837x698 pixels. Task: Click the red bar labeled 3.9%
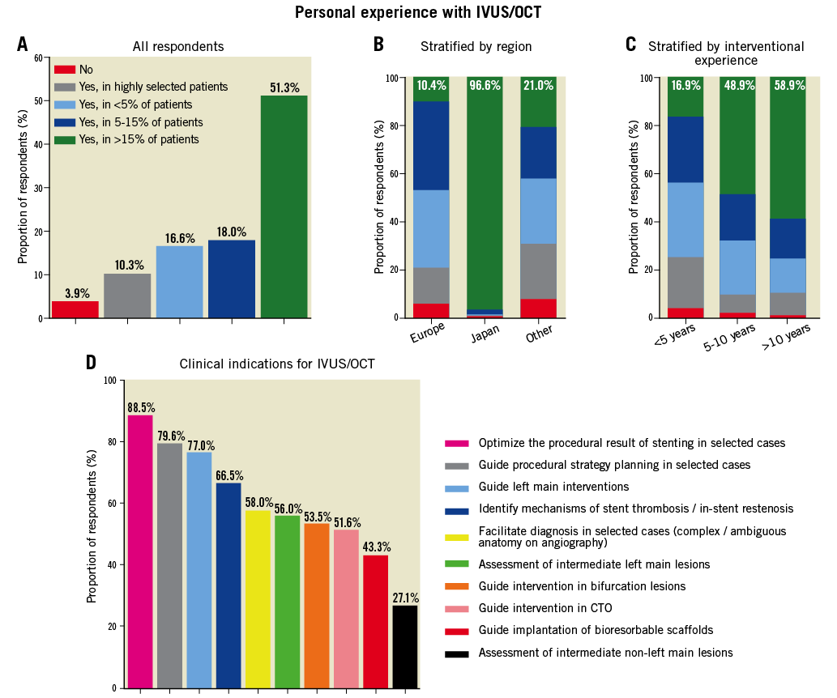pyautogui.click(x=75, y=309)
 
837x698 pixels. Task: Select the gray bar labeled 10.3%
pyautogui.click(x=127, y=296)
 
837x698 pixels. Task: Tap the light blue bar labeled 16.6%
pyautogui.click(x=179, y=281)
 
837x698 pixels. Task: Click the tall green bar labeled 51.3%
pyautogui.click(x=284, y=206)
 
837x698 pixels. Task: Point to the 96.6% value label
pyautogui.click(x=485, y=85)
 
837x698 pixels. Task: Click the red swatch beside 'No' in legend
pyautogui.click(x=65, y=70)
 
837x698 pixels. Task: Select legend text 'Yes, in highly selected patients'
pyautogui.click(x=153, y=87)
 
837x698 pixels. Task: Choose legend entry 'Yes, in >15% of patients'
pyautogui.click(x=139, y=140)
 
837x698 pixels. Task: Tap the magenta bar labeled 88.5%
pyautogui.click(x=140, y=551)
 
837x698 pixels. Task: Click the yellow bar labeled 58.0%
pyautogui.click(x=258, y=598)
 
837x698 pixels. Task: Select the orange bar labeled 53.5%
pyautogui.click(x=317, y=605)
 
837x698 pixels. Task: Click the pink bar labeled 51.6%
pyautogui.click(x=346, y=608)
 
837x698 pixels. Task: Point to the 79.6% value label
pyautogui.click(x=170, y=436)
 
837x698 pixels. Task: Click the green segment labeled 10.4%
pyautogui.click(x=431, y=90)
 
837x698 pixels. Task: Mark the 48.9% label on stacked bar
pyautogui.click(x=737, y=85)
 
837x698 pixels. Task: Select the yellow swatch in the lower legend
pyautogui.click(x=457, y=538)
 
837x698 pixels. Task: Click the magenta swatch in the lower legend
pyautogui.click(x=457, y=443)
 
